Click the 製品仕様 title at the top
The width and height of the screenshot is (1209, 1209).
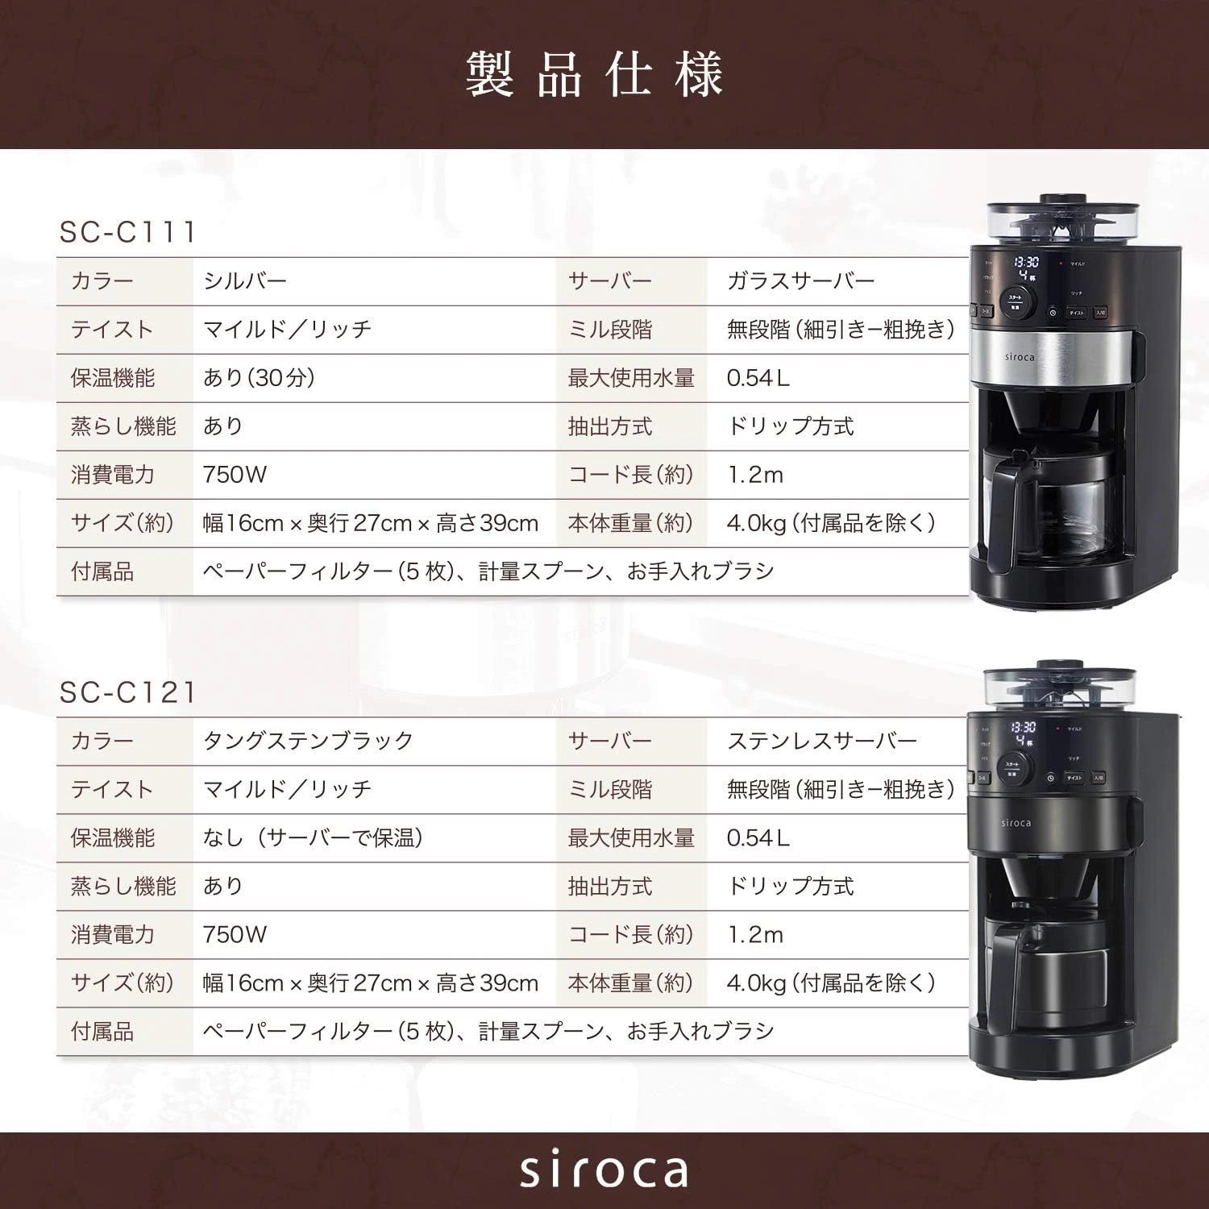(x=595, y=75)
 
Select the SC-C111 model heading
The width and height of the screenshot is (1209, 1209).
(x=128, y=232)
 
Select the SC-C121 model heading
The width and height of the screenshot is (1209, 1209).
(x=128, y=692)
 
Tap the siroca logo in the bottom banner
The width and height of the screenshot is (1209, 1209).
(x=604, y=1170)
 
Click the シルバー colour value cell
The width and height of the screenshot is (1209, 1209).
(x=245, y=281)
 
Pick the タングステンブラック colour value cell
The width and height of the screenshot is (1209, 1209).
(x=308, y=741)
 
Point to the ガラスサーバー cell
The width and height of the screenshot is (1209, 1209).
(x=800, y=281)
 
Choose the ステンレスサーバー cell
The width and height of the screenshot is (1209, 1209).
(x=822, y=741)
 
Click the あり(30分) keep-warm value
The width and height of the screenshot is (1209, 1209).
(x=259, y=378)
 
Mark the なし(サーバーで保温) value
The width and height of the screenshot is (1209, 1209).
(x=313, y=838)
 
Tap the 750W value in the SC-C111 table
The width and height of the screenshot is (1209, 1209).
(x=235, y=475)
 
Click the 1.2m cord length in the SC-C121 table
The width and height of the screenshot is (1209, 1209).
(x=755, y=935)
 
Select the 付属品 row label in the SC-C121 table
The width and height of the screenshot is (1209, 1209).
(x=102, y=1032)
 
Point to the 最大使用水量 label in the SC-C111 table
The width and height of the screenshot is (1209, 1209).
(x=631, y=378)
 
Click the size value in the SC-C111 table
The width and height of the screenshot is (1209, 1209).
(x=371, y=523)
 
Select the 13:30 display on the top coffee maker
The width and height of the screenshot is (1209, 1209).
(x=1025, y=263)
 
